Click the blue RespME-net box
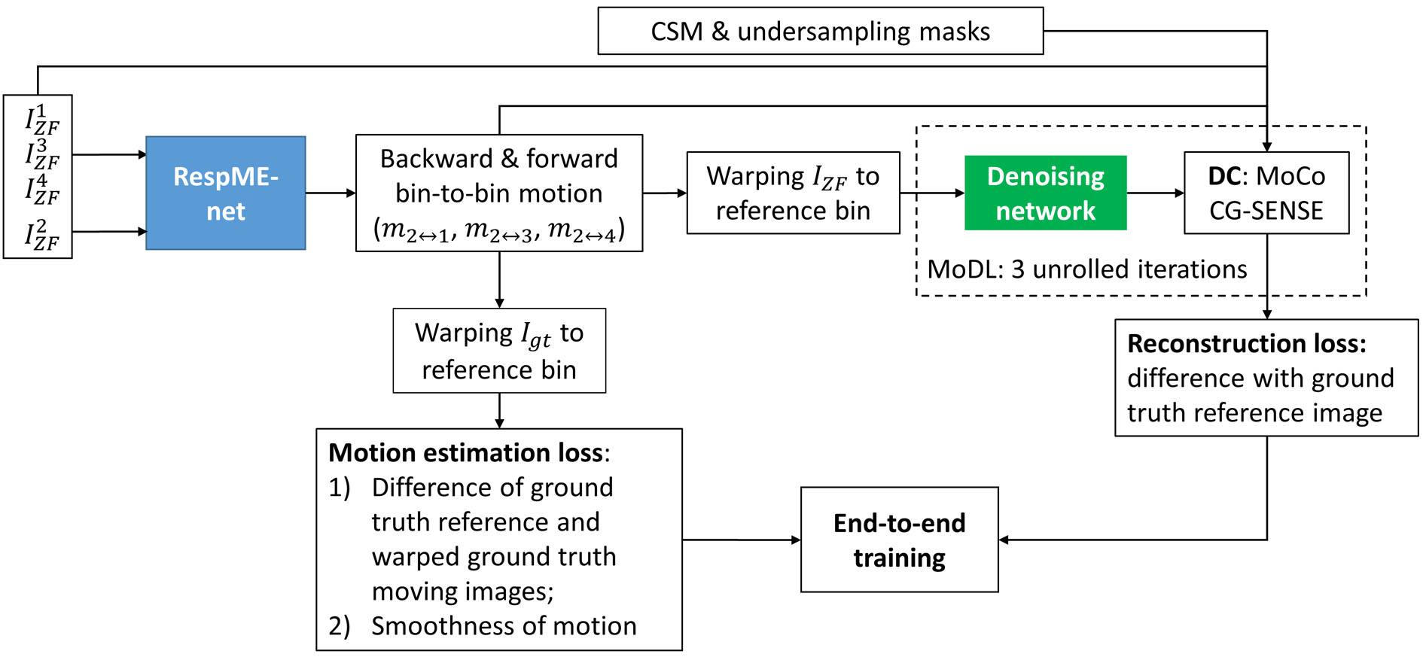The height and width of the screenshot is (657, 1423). tap(226, 193)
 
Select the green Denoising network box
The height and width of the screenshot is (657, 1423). tap(1045, 193)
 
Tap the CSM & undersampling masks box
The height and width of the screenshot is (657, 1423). tap(820, 31)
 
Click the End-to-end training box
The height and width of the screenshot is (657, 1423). tap(899, 540)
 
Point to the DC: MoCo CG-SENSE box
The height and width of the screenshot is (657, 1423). tap(1266, 193)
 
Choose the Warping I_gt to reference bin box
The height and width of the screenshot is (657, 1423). tap(499, 351)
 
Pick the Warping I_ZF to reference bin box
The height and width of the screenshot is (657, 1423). tap(793, 193)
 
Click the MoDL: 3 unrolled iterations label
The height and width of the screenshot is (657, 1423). tap(1086, 269)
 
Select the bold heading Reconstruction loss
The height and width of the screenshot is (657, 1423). tap(1246, 344)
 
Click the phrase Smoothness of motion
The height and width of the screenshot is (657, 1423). tap(504, 626)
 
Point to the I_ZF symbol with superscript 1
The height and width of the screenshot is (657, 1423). tap(41, 119)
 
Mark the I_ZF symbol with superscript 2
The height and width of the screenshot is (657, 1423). tap(41, 235)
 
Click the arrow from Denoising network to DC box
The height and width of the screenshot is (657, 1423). tap(1155, 193)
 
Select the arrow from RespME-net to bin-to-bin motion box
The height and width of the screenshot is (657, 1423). tap(331, 193)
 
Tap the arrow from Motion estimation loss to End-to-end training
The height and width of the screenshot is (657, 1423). tap(741, 540)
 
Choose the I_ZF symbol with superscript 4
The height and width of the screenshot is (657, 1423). tap(41, 190)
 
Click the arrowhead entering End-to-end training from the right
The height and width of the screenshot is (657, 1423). tap(1004, 540)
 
